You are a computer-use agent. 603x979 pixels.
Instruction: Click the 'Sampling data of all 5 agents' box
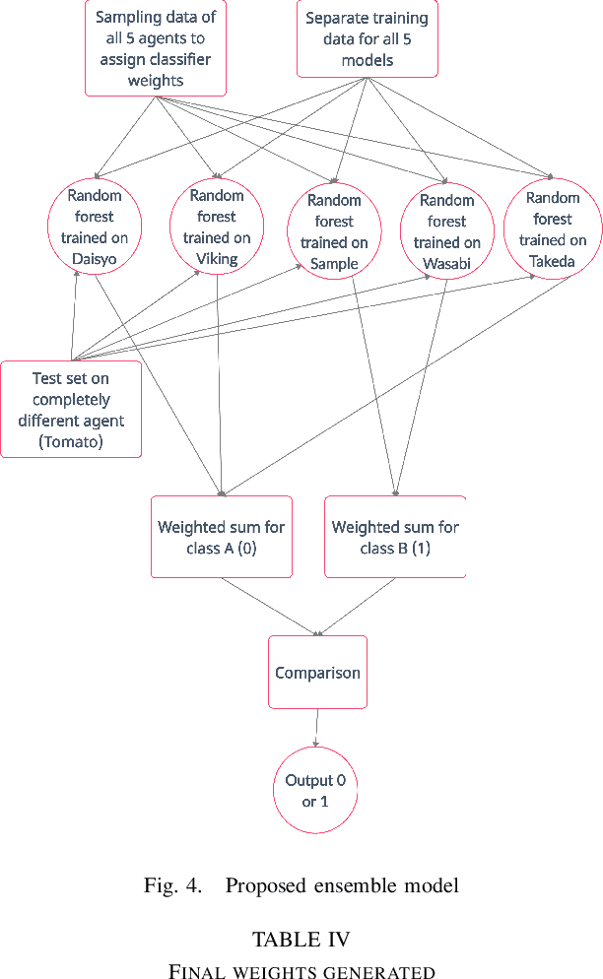[156, 48]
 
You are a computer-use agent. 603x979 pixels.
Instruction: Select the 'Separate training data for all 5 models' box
[368, 39]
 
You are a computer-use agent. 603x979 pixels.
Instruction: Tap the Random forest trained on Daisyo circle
[95, 226]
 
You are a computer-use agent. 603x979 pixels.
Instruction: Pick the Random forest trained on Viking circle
[217, 226]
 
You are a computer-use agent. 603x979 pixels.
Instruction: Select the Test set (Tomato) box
[71, 409]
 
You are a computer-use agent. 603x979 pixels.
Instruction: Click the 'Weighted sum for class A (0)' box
[222, 537]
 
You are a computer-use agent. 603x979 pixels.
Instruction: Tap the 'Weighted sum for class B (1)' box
[395, 537]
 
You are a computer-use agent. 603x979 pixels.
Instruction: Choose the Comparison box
[317, 673]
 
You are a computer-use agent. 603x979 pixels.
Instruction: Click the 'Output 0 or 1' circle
[315, 790]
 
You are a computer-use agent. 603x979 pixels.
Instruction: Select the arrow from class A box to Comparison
[270, 606]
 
